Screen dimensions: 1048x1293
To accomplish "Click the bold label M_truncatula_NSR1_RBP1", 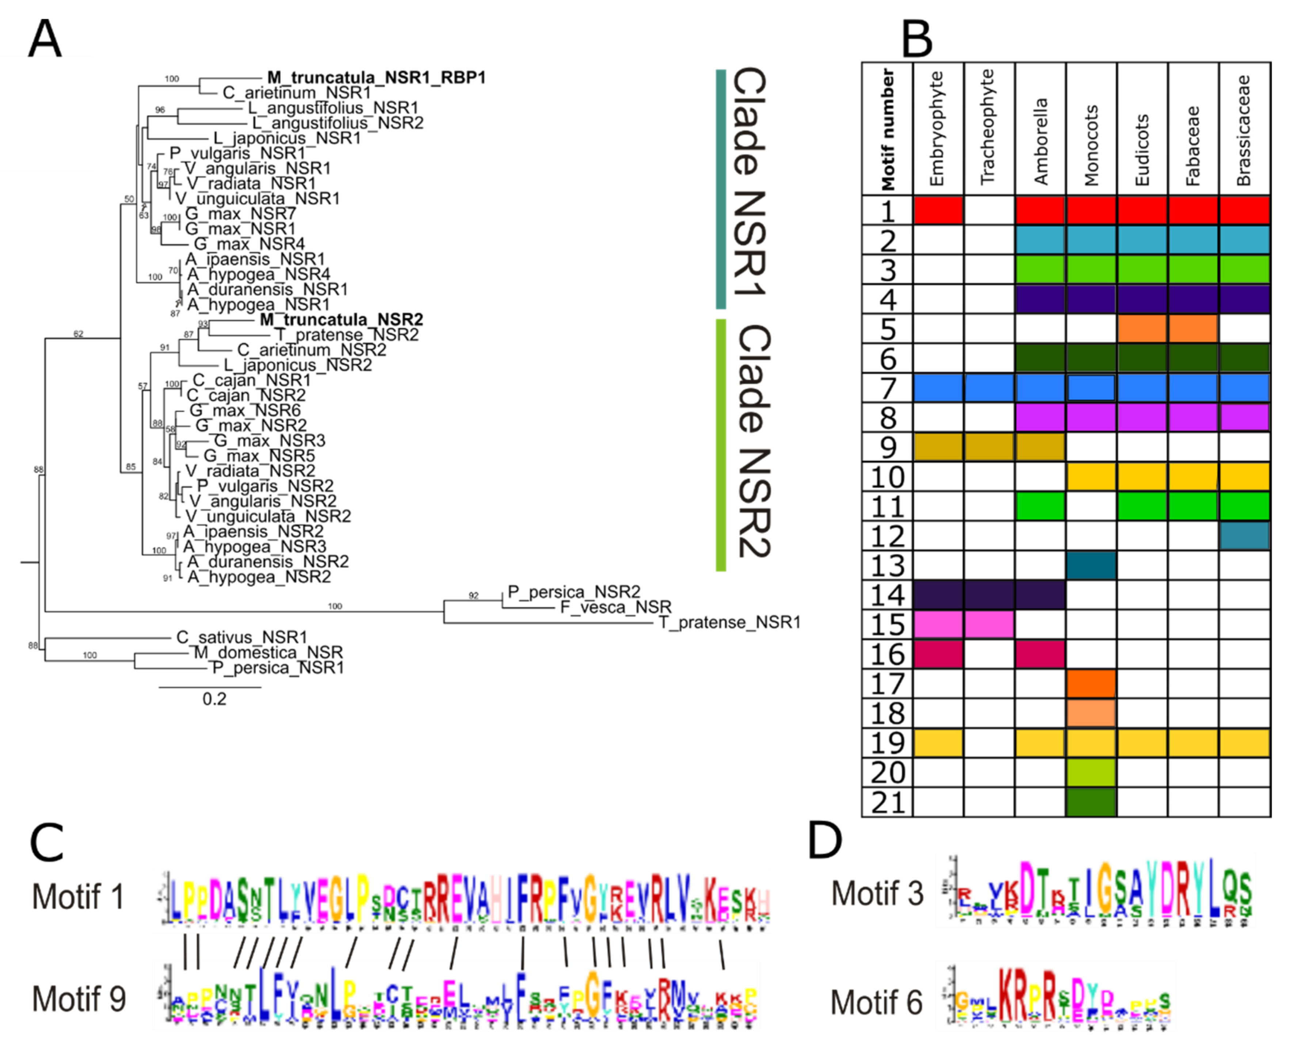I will coord(376,78).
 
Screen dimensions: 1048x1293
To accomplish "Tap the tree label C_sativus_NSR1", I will coord(242,638).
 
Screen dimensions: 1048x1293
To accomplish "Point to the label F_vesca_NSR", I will coord(615,607).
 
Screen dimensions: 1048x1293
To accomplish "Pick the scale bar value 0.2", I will coord(214,699).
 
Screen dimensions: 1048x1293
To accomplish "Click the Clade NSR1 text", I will coord(750,181).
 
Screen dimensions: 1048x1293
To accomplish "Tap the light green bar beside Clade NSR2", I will coord(720,445).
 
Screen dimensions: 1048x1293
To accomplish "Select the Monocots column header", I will coord(1091,145).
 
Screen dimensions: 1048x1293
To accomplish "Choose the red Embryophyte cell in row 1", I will coord(938,210).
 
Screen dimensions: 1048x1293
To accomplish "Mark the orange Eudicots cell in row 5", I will coord(1142,329).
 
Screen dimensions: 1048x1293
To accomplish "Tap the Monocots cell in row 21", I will coord(1091,802).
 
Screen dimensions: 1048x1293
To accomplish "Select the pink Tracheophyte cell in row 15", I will coord(989,624).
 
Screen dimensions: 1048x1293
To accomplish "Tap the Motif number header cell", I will coord(887,129).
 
